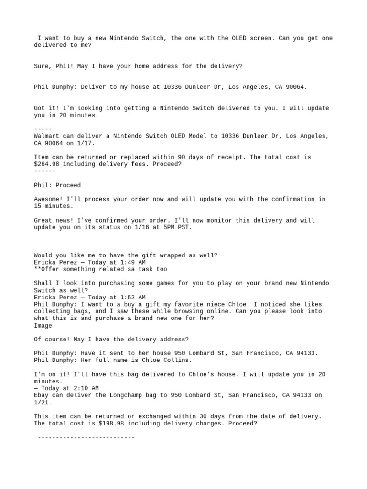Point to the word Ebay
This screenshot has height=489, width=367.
(x=41, y=395)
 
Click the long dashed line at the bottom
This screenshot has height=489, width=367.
(x=86, y=437)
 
